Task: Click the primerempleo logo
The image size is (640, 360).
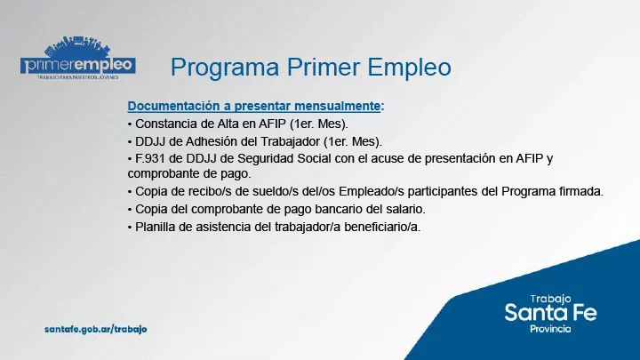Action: (78, 61)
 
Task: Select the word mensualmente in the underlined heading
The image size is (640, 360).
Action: (333, 106)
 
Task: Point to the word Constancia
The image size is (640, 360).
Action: (166, 124)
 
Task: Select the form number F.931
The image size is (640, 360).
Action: (152, 158)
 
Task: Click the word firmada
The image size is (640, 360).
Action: (579, 191)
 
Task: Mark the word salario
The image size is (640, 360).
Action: (405, 209)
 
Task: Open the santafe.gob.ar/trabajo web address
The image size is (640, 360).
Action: (95, 329)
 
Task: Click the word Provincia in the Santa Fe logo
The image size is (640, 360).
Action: (550, 329)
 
